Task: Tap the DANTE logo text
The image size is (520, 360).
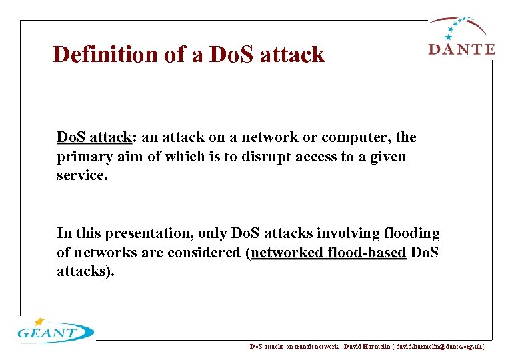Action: tap(461, 49)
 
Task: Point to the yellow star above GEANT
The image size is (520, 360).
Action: tap(40, 321)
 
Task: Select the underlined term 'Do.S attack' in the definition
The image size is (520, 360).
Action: tap(94, 137)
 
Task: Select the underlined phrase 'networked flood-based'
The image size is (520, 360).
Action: tap(329, 253)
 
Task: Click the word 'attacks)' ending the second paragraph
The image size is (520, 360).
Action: tap(85, 272)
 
